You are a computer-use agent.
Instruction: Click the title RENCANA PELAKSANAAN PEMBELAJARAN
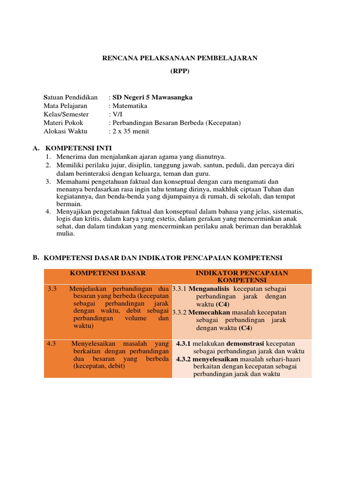[180, 58]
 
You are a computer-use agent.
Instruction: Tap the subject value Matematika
[130, 106]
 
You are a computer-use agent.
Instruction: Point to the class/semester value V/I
[116, 114]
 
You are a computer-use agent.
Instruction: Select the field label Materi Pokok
[63, 123]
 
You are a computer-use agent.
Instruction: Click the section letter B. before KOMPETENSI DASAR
[36, 257]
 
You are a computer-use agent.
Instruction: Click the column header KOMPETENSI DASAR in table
[108, 273]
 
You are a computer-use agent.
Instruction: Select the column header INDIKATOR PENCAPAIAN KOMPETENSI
[241, 277]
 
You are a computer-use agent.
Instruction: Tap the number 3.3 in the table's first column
[52, 289]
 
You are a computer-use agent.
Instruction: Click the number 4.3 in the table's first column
[52, 344]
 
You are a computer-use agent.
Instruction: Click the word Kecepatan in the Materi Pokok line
[224, 123]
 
